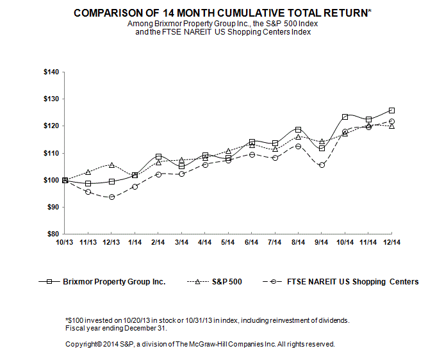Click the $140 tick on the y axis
click(51, 72)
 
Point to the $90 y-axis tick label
click(53, 207)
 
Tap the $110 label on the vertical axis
click(51, 153)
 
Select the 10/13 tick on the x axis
click(64, 242)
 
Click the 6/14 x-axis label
click(252, 242)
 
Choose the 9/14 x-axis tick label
click(322, 242)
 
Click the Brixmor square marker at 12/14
click(392, 111)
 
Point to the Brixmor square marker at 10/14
click(345, 117)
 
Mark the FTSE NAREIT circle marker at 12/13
click(111, 197)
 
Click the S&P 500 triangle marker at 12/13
click(111, 165)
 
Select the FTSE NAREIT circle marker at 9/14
click(322, 165)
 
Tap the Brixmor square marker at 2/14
click(158, 156)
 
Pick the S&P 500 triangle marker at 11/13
click(88, 172)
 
